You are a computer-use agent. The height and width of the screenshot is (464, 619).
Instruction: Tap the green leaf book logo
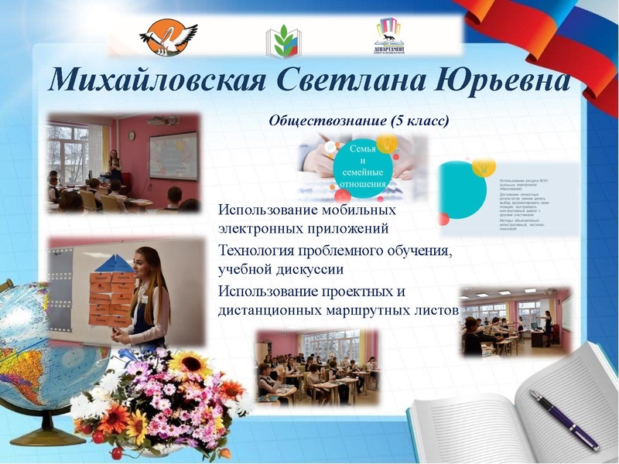[x=284, y=40]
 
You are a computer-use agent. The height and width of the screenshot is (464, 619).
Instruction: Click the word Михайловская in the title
[x=152, y=81]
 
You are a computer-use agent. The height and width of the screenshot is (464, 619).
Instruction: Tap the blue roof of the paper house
[x=114, y=263]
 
